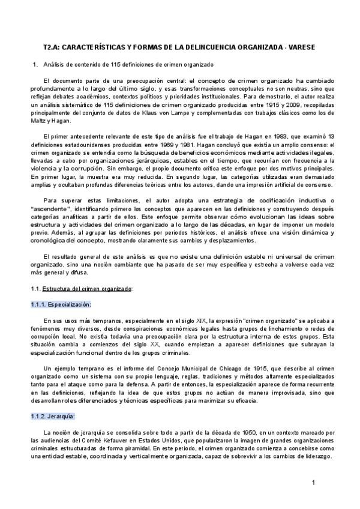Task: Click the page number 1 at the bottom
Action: tap(313, 483)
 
